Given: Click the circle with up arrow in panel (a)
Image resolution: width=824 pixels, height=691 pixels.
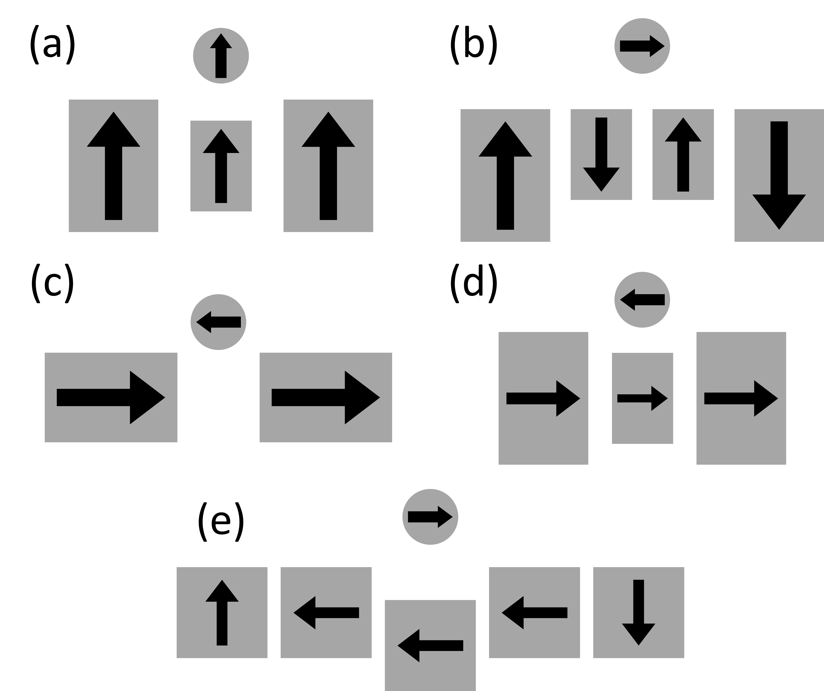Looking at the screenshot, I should (221, 56).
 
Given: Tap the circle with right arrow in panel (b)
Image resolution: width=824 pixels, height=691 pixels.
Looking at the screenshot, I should (642, 46).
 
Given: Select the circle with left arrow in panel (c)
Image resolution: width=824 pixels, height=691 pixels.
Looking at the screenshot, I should (219, 322).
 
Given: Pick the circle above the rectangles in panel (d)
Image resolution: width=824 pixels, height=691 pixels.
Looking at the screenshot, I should (642, 300).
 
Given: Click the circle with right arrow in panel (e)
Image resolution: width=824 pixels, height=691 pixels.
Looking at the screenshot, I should (430, 517).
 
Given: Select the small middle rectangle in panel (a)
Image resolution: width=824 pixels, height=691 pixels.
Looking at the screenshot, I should (221, 166).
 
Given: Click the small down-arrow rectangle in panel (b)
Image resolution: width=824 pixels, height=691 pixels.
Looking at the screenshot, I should (601, 155).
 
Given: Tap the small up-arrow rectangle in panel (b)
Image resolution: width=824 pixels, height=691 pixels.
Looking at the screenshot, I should (683, 155).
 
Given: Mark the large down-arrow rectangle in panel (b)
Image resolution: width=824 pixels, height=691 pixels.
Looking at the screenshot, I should (779, 175).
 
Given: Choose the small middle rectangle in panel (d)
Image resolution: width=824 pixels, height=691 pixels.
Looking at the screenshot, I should (642, 398).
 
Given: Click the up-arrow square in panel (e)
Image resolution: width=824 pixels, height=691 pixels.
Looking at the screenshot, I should (222, 612).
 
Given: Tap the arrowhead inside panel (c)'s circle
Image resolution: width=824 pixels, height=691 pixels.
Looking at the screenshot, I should (204, 322).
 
